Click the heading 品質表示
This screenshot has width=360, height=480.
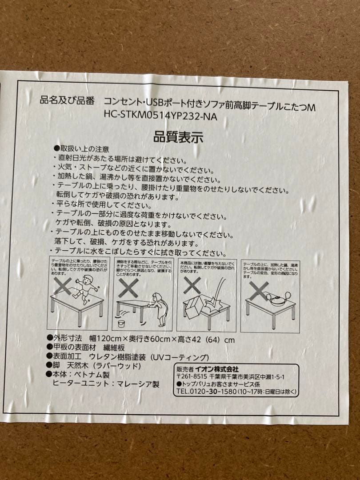pyautogui.click(x=178, y=137)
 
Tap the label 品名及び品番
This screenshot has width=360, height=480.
pyautogui.click(x=67, y=100)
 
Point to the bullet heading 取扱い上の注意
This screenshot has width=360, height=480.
pyautogui.click(x=84, y=149)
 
